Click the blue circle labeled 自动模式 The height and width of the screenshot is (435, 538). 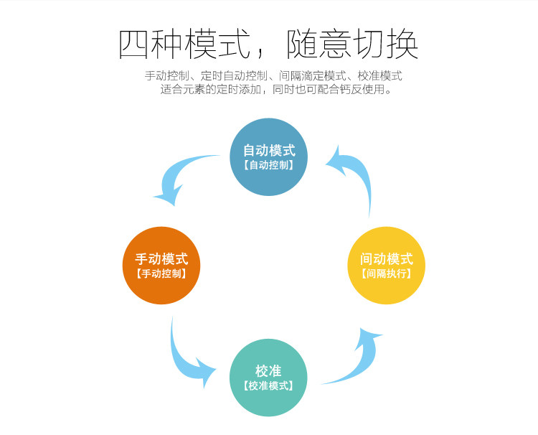click(268, 157)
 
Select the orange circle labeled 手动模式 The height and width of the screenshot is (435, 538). click(161, 266)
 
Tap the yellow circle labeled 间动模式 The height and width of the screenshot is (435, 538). click(386, 266)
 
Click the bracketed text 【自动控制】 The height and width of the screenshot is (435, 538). click(268, 165)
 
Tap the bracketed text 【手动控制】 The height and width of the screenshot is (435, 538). click(161, 273)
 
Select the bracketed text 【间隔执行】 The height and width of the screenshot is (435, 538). click(386, 273)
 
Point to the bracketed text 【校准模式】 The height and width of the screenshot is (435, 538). click(268, 385)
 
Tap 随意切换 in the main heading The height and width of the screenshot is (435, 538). click(352, 45)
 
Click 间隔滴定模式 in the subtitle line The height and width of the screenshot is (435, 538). click(313, 75)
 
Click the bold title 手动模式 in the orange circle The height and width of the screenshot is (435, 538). click(161, 258)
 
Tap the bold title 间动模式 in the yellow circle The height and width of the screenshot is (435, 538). click(386, 258)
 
